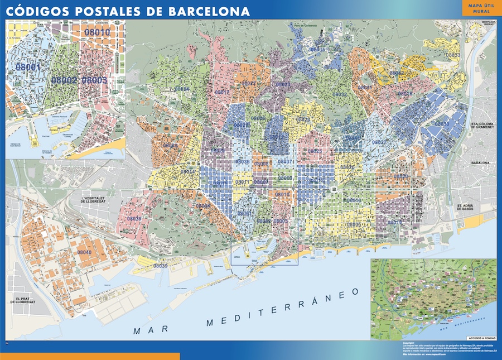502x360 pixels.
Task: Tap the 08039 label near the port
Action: click(160, 266)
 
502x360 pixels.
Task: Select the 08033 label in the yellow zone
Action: click(453, 55)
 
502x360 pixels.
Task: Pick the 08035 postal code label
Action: click(318, 50)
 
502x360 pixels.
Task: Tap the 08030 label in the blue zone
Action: click(441, 124)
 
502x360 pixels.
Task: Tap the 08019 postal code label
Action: click(394, 222)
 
